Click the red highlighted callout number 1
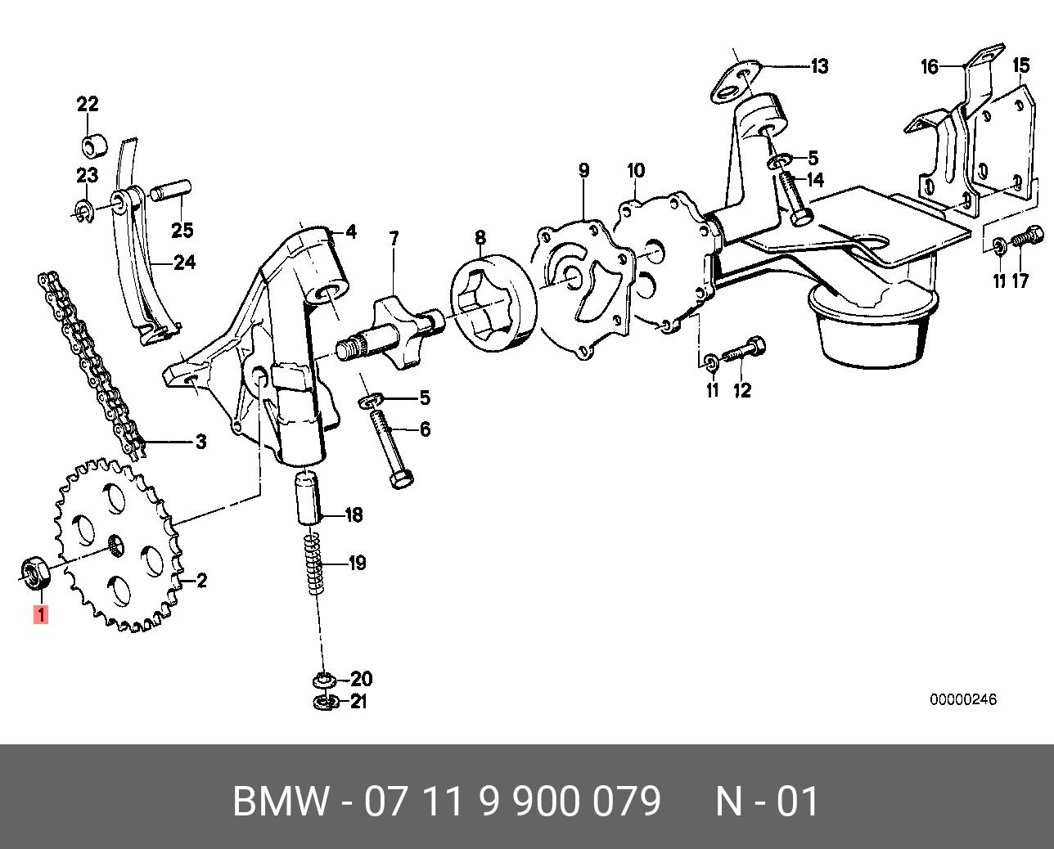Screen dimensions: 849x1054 [40, 613]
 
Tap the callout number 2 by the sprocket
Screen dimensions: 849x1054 [201, 581]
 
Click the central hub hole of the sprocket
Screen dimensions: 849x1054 [115, 543]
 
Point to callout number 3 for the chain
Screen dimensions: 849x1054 [200, 442]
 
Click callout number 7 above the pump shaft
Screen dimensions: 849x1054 [394, 239]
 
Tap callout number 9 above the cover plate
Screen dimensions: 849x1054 [583, 171]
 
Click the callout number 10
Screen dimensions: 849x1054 [636, 171]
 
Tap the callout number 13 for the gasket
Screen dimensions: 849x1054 [819, 66]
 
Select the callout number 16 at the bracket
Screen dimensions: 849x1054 [930, 66]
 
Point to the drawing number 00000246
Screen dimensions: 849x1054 [962, 700]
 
